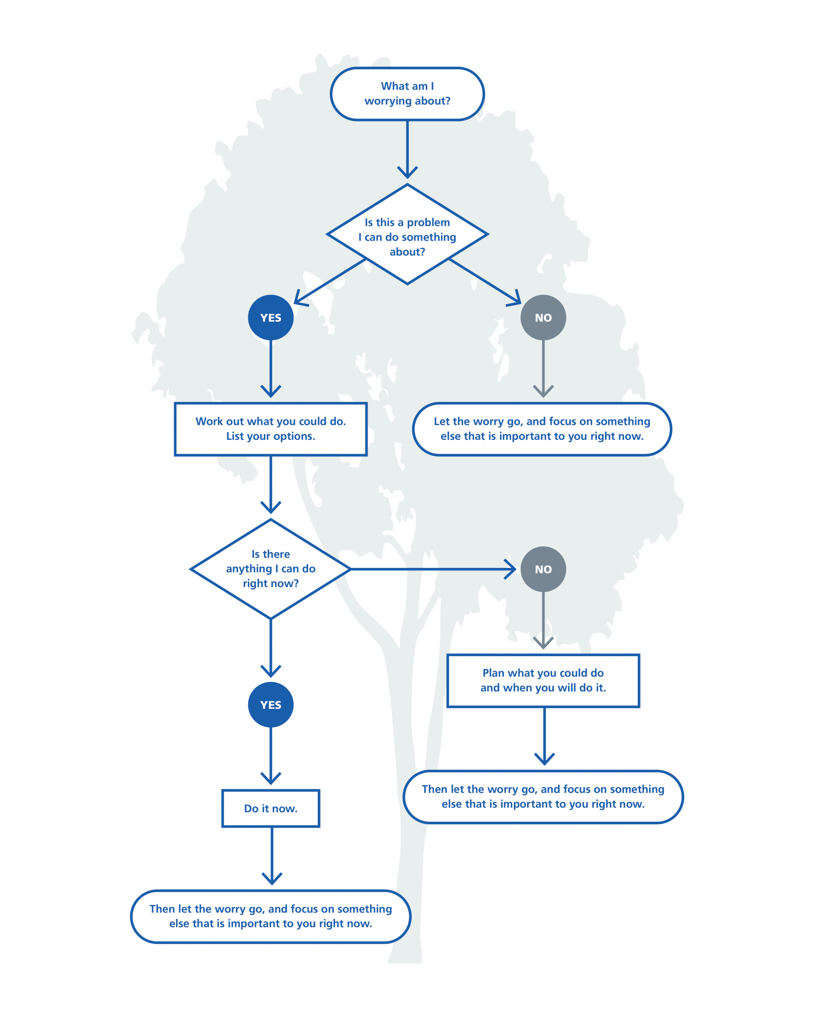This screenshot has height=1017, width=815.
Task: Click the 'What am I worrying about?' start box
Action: (x=407, y=93)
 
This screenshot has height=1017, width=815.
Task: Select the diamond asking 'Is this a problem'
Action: (x=407, y=234)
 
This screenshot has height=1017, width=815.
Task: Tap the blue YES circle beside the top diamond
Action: (x=271, y=317)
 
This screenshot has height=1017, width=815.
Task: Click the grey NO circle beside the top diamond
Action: (x=543, y=317)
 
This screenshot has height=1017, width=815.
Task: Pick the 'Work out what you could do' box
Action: (x=271, y=429)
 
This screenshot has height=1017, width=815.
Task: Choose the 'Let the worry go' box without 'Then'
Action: (x=542, y=429)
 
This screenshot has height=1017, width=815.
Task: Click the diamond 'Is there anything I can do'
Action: (x=271, y=569)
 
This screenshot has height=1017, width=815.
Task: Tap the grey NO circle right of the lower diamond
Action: (x=543, y=569)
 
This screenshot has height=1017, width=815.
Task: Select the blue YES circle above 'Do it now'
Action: (x=271, y=704)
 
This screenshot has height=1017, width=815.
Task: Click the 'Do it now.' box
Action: (x=271, y=808)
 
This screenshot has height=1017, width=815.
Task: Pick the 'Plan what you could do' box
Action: (x=543, y=680)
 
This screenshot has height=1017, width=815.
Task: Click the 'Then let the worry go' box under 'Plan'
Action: (x=543, y=797)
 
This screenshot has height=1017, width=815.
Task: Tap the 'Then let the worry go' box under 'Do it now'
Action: (x=271, y=916)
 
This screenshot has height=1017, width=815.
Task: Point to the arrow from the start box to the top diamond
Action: (x=407, y=149)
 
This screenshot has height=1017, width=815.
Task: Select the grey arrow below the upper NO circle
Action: (x=543, y=369)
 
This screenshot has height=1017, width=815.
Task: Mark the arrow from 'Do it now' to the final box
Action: (x=272, y=856)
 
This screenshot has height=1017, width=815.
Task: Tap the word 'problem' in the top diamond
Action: (x=428, y=223)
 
